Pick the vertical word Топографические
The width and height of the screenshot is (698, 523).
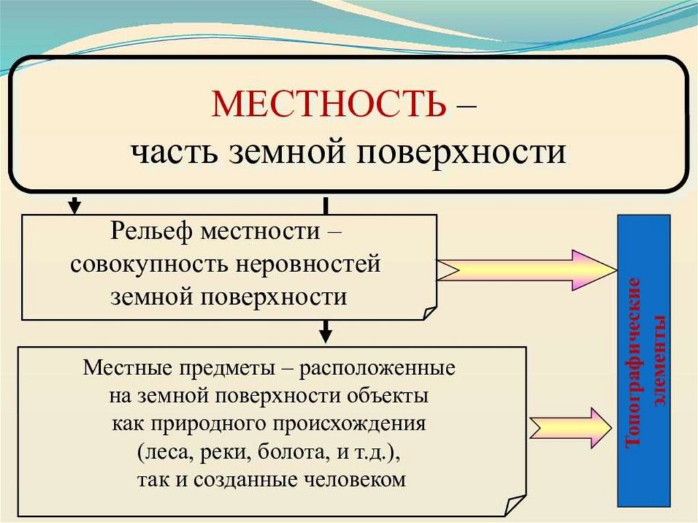[634, 361]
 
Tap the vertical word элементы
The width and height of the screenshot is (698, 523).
[658, 361]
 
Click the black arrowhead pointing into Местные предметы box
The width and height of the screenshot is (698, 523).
[326, 335]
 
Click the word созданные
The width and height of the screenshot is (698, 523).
[250, 479]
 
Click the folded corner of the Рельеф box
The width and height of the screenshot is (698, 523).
[429, 312]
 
